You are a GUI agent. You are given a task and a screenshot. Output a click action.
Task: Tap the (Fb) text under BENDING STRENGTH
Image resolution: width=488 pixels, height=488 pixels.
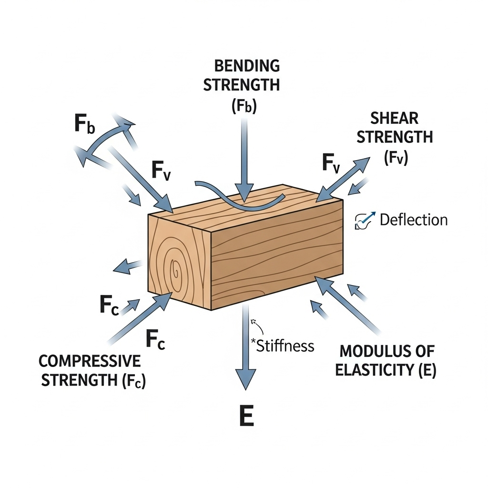point(244,106)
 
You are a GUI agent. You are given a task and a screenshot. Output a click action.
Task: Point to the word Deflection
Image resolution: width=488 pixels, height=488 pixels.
point(414,220)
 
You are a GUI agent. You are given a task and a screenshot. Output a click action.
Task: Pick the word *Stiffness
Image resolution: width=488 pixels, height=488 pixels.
point(283,346)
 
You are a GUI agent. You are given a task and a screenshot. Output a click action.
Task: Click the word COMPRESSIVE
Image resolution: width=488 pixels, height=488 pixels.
point(90,361)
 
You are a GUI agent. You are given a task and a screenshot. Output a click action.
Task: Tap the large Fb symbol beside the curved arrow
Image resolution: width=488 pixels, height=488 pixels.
point(85,124)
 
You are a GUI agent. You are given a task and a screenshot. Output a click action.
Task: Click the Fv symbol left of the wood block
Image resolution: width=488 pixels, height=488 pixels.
point(162,170)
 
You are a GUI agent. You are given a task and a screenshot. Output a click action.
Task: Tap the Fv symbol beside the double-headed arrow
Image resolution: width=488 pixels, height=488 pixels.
point(331,163)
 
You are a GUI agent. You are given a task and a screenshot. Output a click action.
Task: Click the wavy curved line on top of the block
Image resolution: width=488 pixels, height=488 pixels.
point(238,198)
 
